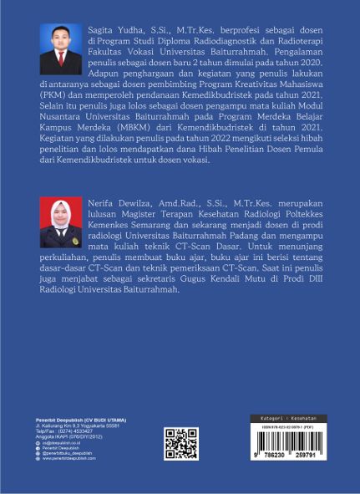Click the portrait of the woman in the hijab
point(61,223)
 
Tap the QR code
point(180,444)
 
